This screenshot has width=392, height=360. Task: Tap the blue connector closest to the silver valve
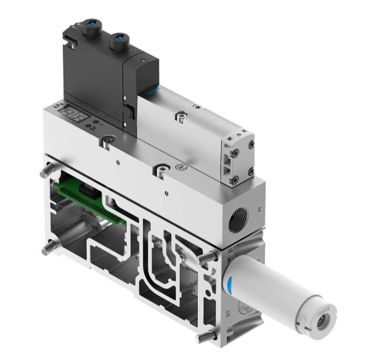click(120, 39)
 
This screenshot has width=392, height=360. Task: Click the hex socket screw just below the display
click(107, 141)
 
